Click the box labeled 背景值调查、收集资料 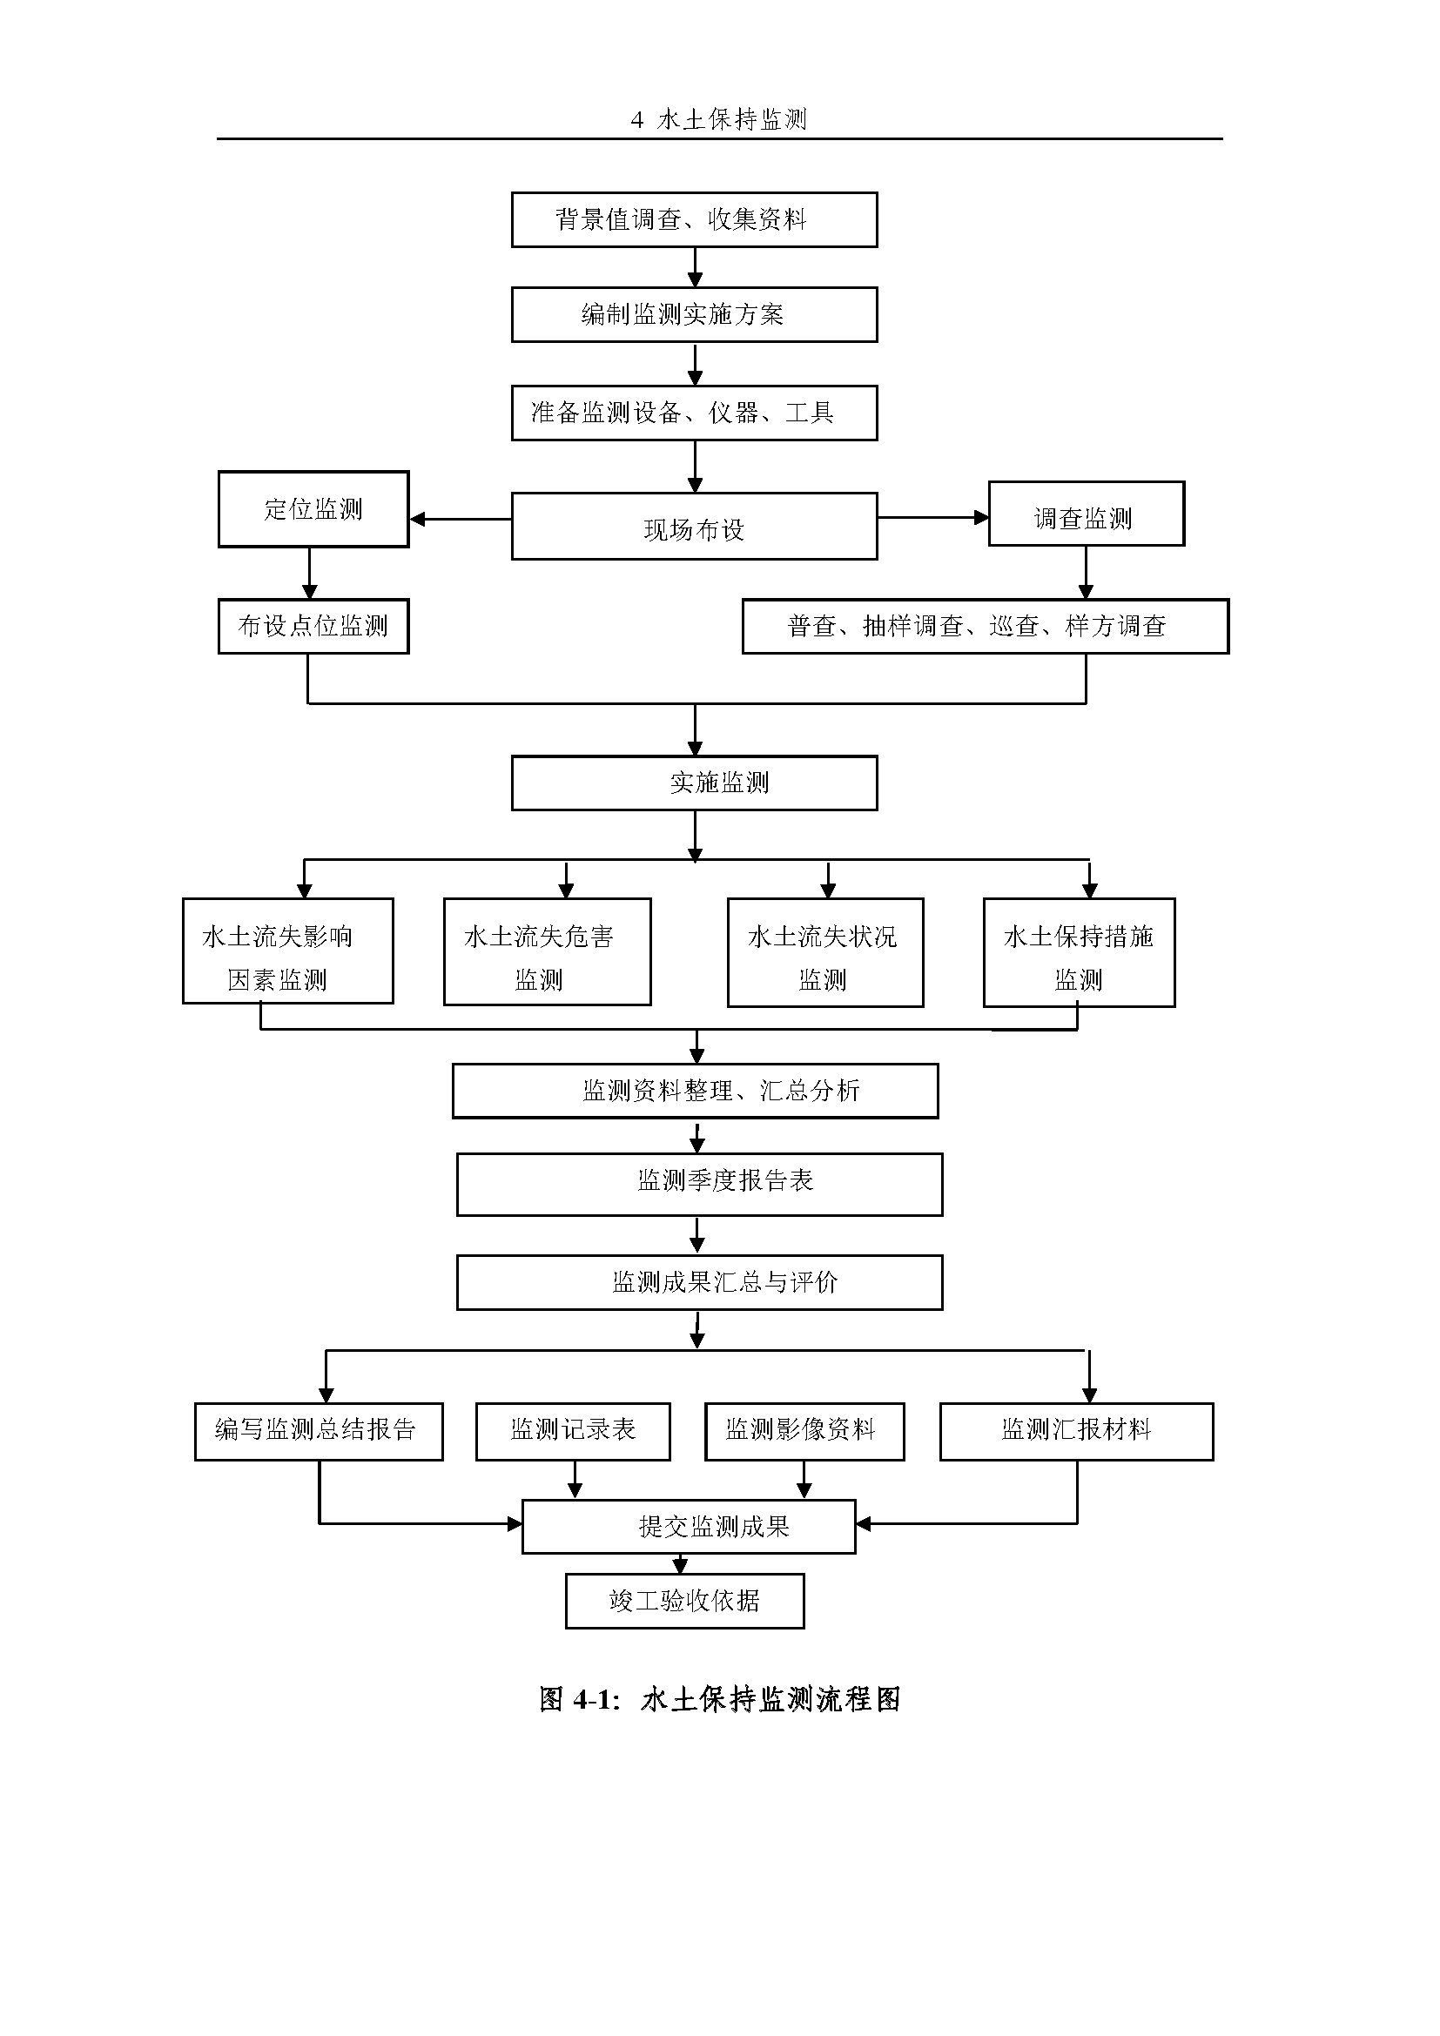(x=693, y=219)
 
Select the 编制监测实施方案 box (x=693, y=314)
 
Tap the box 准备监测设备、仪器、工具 (x=693, y=413)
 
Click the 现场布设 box (x=693, y=527)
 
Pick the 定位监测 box (x=313, y=509)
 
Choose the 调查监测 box (x=1086, y=514)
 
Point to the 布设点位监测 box (x=313, y=626)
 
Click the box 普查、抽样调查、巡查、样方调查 (x=985, y=626)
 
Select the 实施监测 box (x=693, y=783)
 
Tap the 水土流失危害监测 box (x=546, y=951)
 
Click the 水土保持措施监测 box (x=1078, y=952)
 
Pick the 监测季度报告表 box (x=699, y=1184)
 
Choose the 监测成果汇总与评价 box (x=699, y=1282)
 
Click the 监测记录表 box (x=573, y=1430)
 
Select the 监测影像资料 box (x=804, y=1430)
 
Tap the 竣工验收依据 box (x=684, y=1601)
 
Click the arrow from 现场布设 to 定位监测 (x=461, y=519)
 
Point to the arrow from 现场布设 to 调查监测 (x=932, y=517)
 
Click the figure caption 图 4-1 (x=720, y=1700)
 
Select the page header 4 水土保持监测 (x=719, y=119)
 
